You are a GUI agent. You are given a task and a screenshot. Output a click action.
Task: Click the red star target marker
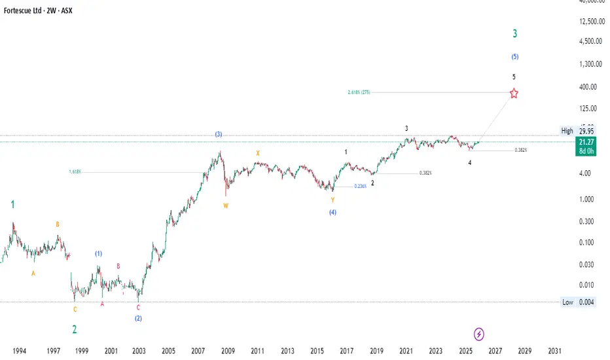coord(514,93)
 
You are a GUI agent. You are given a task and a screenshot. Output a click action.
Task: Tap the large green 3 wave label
coord(516,33)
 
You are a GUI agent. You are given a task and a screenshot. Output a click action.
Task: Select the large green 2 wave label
coord(75,329)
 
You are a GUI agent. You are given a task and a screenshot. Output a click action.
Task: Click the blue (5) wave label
coord(515,56)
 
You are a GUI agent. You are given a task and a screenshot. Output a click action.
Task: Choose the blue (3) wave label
coord(219,134)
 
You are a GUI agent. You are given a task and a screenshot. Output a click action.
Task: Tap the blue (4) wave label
coord(333,212)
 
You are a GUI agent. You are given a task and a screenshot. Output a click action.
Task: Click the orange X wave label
coord(258,153)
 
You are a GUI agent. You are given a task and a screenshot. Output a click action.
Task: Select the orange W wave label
coord(226,206)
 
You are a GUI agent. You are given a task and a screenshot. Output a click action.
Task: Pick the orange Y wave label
coord(332,199)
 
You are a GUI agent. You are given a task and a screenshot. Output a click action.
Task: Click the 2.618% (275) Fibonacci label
coord(359,92)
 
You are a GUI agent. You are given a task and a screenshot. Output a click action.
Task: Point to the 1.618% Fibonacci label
coord(75,172)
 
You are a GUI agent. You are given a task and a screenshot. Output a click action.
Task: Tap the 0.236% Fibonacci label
coord(359,186)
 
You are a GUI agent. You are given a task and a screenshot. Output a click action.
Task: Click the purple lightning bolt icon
coord(479,334)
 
